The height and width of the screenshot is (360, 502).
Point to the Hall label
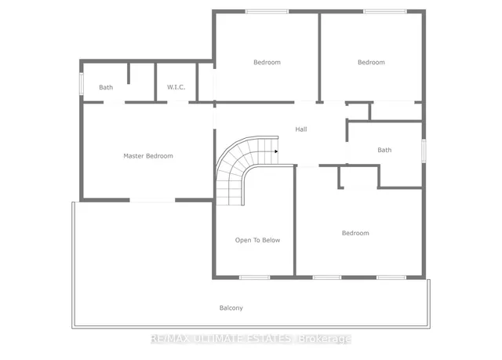pyautogui.click(x=301, y=129)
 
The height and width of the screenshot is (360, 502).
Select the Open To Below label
pyautogui.click(x=258, y=240)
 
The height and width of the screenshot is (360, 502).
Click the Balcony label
pyautogui.click(x=231, y=308)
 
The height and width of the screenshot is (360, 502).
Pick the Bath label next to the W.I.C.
pyautogui.click(x=106, y=87)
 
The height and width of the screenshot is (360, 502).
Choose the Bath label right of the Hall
pyautogui.click(x=384, y=150)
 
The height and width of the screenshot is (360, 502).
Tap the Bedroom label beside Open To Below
pyautogui.click(x=355, y=233)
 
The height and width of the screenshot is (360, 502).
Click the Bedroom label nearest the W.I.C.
pyautogui.click(x=267, y=62)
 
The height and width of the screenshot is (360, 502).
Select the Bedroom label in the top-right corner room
pyautogui.click(x=371, y=62)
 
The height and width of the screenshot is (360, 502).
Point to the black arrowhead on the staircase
pyautogui.click(x=276, y=151)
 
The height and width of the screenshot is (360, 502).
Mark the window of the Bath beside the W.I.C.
pyautogui.click(x=80, y=84)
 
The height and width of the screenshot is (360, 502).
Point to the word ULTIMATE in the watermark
pyautogui.click(x=216, y=339)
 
